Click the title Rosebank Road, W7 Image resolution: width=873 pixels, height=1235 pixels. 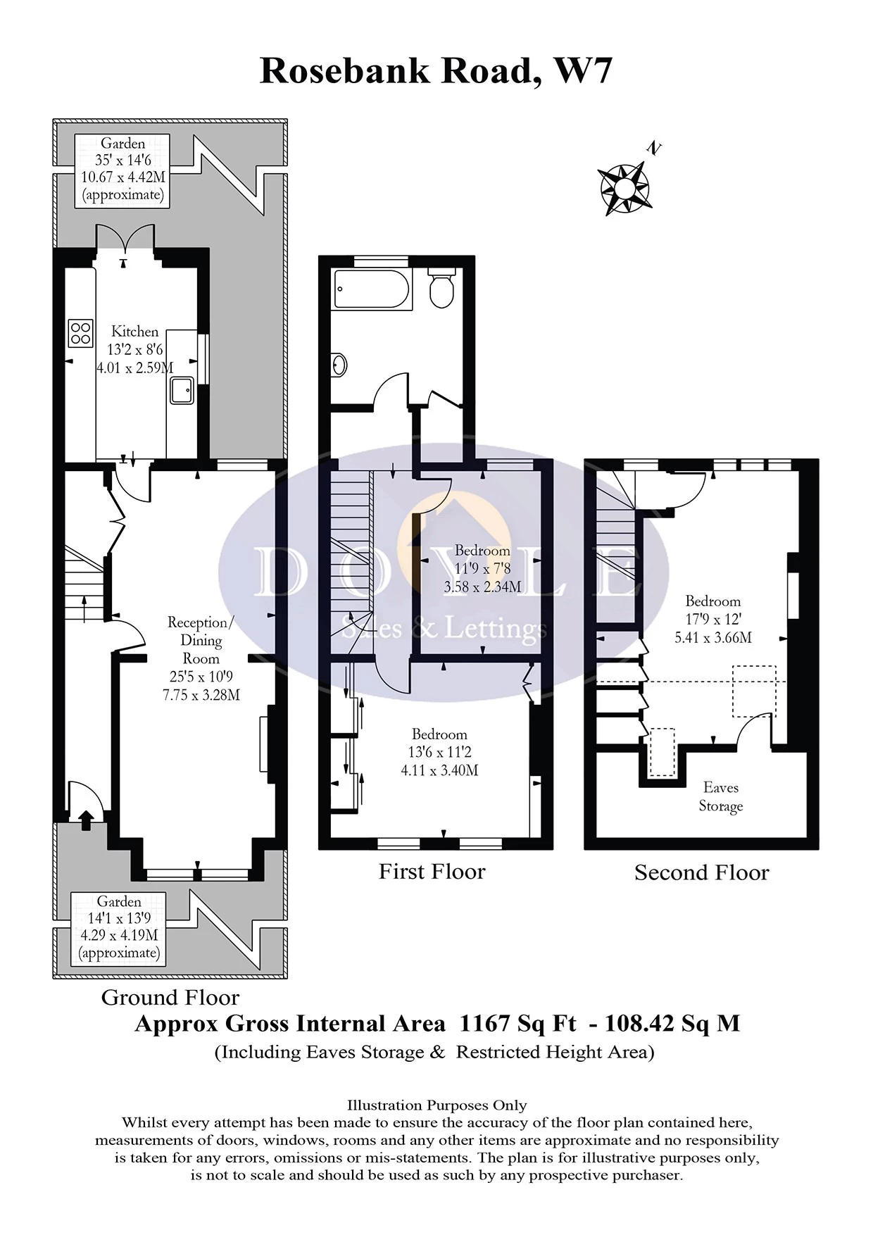[x=436, y=71]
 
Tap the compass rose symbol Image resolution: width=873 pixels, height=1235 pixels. [x=624, y=188]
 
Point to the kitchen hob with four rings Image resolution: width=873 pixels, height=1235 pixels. [x=81, y=333]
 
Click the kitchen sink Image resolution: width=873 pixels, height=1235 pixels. [x=182, y=390]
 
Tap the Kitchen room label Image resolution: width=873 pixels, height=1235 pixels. [x=134, y=331]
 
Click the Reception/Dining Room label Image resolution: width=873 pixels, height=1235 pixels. [x=201, y=640]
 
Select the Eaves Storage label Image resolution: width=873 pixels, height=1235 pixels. [x=720, y=796]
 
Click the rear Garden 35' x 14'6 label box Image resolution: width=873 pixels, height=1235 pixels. [x=123, y=170]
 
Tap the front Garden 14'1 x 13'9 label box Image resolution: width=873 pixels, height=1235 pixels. [x=119, y=927]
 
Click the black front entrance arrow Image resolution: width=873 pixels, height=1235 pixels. [x=86, y=819]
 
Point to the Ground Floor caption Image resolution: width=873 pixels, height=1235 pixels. [x=170, y=997]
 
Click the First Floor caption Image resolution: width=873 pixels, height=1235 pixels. [x=432, y=872]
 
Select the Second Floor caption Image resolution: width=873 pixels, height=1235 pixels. [x=701, y=873]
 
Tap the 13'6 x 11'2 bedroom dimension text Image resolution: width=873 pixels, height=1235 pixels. [x=439, y=752]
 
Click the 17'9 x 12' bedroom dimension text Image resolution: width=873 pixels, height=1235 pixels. [x=712, y=620]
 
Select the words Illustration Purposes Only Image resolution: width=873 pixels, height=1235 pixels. [x=436, y=1105]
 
